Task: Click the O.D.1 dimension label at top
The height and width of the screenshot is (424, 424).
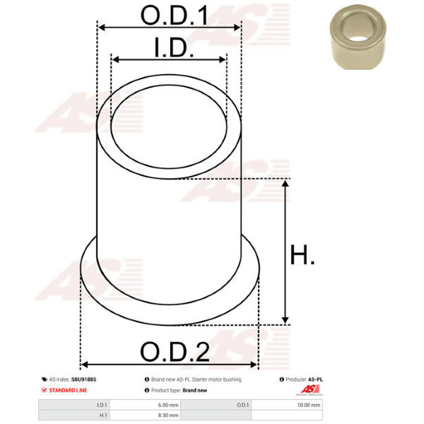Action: [174, 16]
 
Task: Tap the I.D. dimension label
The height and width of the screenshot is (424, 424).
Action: [174, 47]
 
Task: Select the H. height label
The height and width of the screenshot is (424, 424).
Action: [302, 254]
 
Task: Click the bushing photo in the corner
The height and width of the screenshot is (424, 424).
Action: [358, 37]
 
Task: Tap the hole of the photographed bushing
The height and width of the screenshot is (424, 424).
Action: [358, 28]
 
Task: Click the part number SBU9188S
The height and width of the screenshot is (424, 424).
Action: [84, 379]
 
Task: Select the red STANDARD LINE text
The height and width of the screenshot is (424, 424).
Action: [68, 390]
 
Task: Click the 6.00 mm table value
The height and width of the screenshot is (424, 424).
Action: [168, 405]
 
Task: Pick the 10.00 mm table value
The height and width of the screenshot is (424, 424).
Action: [309, 405]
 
